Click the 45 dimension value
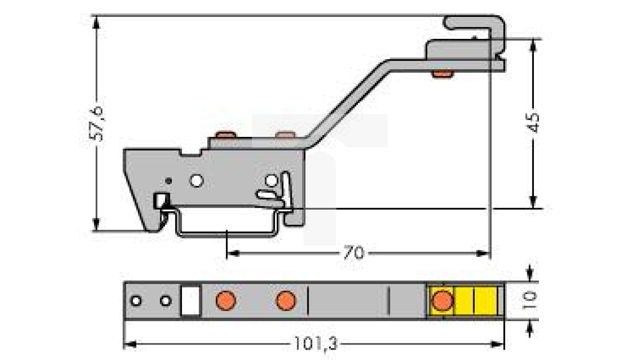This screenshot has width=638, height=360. pyautogui.click(x=533, y=123)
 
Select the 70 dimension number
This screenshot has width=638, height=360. pyautogui.click(x=353, y=254)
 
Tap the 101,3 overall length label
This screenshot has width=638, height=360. pyautogui.click(x=315, y=345)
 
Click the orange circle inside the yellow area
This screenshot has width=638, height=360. pyautogui.click(x=441, y=300)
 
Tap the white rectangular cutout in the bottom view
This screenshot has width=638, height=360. pyautogui.click(x=191, y=300)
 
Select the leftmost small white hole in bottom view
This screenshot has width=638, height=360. pyautogui.click(x=136, y=300)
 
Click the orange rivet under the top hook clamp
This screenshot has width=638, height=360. pyautogui.click(x=442, y=74)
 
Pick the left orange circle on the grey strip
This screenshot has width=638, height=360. pyautogui.click(x=226, y=300)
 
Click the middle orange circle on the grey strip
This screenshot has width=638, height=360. pyautogui.click(x=286, y=300)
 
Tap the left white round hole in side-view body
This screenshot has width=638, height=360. pyautogui.click(x=197, y=180)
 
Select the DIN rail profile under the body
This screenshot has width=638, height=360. pyautogui.click(x=225, y=232)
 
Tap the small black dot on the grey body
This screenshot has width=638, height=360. pyautogui.click(x=170, y=180)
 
